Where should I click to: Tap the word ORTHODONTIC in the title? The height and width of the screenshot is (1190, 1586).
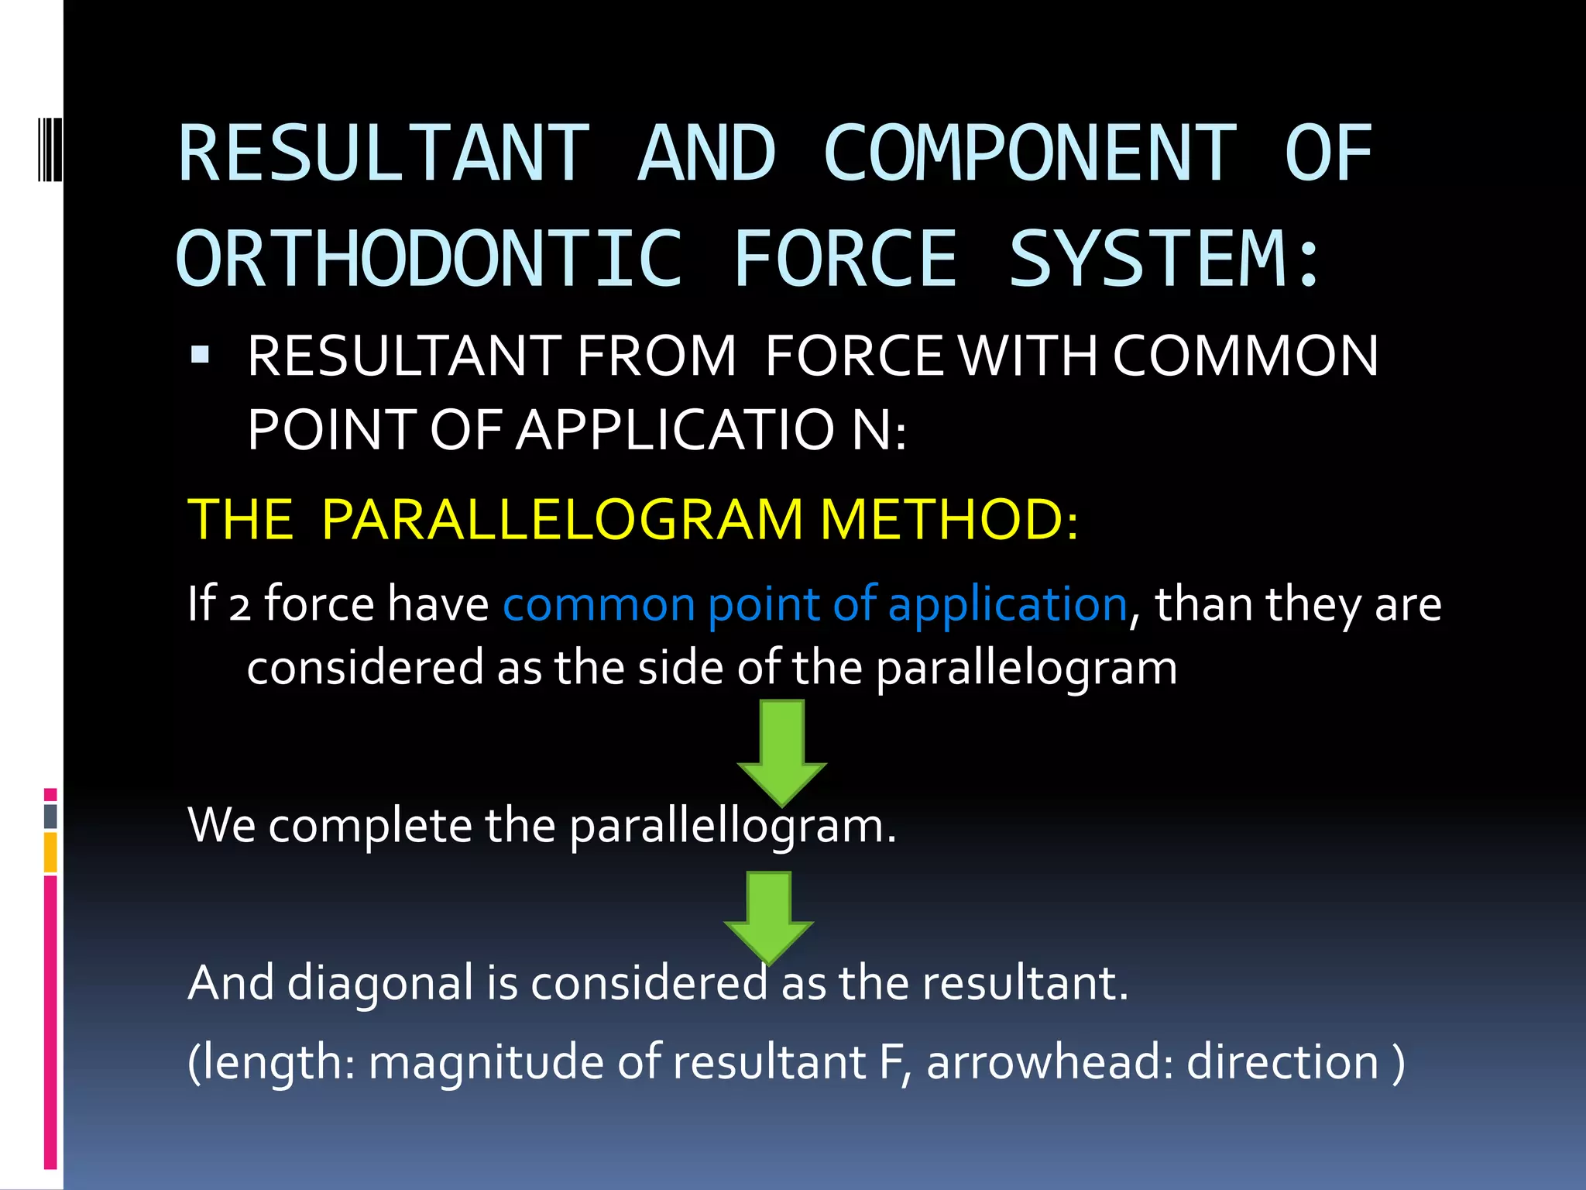coord(430,259)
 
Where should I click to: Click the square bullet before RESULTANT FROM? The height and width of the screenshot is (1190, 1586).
coord(200,355)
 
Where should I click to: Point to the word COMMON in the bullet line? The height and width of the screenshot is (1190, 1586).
coord(1245,356)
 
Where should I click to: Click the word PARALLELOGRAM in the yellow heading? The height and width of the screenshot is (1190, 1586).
coord(562,519)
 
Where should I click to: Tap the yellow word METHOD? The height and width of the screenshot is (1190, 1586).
coord(949,519)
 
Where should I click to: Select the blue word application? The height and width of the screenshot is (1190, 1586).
coord(1008,604)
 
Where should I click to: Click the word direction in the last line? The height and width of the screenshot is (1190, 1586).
coord(1282,1062)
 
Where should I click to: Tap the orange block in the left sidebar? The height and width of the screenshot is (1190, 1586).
coord(50,851)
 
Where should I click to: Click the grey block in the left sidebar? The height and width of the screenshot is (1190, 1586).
coord(50,817)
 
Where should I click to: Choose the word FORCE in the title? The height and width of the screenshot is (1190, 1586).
coord(845,259)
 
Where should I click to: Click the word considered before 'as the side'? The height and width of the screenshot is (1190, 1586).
coord(365,668)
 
